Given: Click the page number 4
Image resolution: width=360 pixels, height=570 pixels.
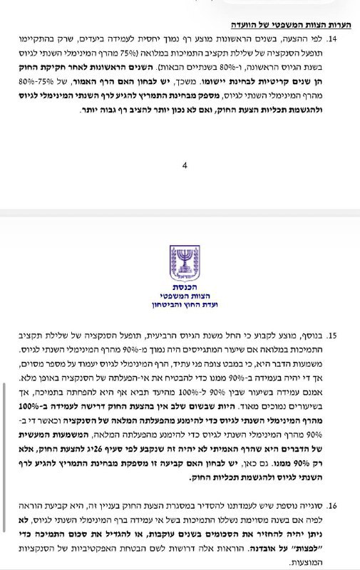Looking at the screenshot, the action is pos(184,165).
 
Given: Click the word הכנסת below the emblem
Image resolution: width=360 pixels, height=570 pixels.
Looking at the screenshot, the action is pos(180,286).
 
